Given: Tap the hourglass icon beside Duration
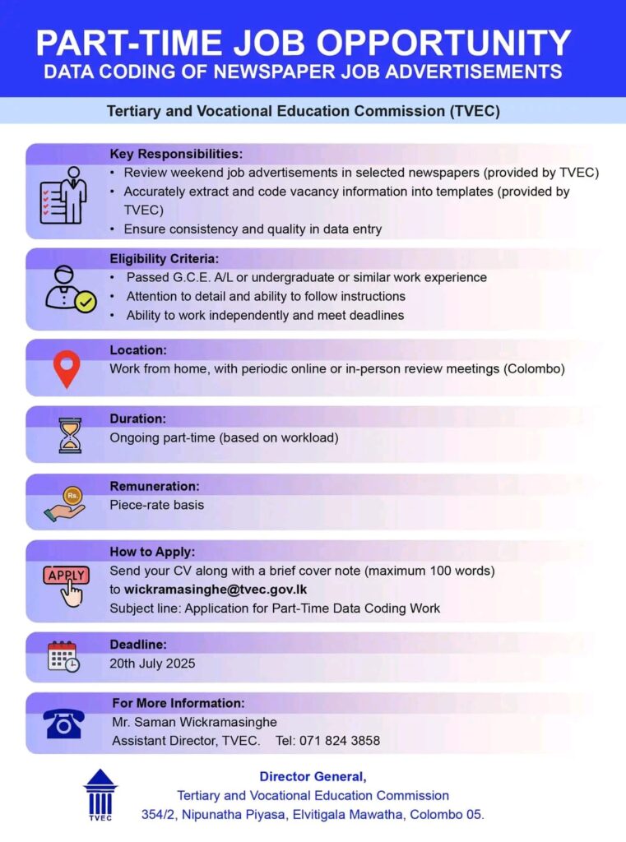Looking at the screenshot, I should (70, 435).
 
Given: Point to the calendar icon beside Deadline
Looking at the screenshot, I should (63, 656).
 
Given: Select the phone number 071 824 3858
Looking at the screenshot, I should (339, 740).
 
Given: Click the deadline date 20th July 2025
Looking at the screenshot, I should (152, 663).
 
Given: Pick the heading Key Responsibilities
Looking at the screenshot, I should (176, 154).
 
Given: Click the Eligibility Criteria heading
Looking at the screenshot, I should (165, 258).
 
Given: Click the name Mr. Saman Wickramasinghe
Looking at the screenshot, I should (194, 722).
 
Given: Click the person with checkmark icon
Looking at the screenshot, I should (70, 289).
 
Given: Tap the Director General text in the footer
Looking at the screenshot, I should (313, 775).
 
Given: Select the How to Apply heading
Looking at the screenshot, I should (152, 552).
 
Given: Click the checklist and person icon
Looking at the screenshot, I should (63, 194).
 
